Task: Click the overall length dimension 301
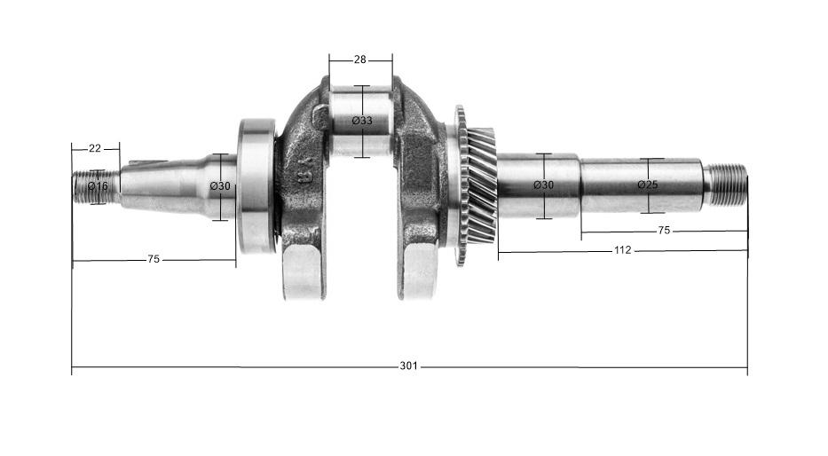pyautogui.click(x=408, y=366)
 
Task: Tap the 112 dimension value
pyautogui.click(x=622, y=250)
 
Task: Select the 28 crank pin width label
pyautogui.click(x=359, y=59)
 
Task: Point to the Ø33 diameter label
pyautogui.click(x=361, y=121)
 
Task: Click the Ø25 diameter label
pyautogui.click(x=648, y=185)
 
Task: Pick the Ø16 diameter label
pyautogui.click(x=98, y=186)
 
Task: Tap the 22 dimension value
pyautogui.click(x=93, y=147)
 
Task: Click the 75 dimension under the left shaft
pyautogui.click(x=153, y=259)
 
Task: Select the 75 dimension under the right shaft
pyautogui.click(x=664, y=230)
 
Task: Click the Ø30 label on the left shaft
pyautogui.click(x=220, y=185)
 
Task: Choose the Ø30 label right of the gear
pyautogui.click(x=543, y=185)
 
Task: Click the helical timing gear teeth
pyautogui.click(x=479, y=186)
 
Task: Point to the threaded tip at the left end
pyautogui.click(x=85, y=186)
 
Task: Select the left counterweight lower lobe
pyautogui.click(x=301, y=271)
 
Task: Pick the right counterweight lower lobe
pyautogui.click(x=421, y=271)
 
